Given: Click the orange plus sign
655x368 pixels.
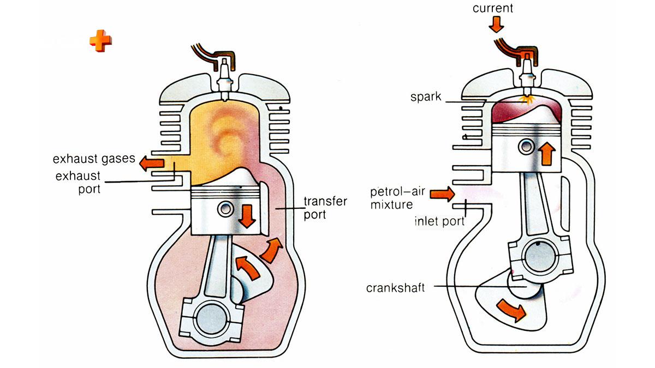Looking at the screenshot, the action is coord(100,41).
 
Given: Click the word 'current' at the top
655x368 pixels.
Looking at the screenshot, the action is coord(493,8).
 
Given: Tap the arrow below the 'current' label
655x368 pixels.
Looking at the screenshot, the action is coord(496,24).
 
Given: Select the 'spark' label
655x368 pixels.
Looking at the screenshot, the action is coord(426,96).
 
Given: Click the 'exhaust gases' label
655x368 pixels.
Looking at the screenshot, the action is coord(94,159).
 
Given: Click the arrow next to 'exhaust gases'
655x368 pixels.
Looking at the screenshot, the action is coord(152,163).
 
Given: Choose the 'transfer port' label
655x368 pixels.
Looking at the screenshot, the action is coord(325,208).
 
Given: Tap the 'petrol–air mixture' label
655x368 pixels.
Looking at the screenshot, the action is coord(397,198).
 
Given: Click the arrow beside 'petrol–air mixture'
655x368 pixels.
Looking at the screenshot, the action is coord(443,194).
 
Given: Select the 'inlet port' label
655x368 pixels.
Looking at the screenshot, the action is coord(439,221).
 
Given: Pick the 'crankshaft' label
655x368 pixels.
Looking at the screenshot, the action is coord(395,288).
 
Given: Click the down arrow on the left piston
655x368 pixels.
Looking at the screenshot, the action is coord(247,216).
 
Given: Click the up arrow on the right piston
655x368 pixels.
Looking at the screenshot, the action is coord(547,154).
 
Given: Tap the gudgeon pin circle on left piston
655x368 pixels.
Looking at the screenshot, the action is coord(225,208).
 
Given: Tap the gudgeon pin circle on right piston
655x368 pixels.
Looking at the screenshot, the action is coord(526,146).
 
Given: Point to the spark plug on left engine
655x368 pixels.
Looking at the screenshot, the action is coord(224,80).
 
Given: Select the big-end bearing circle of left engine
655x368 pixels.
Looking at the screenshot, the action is coord(211,319).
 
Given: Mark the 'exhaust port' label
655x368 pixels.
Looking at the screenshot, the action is coord(78,183).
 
